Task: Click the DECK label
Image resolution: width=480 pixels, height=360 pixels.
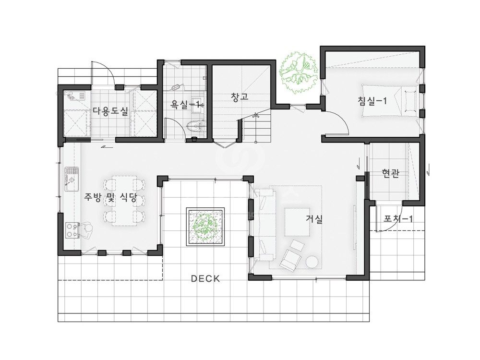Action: tap(205, 278)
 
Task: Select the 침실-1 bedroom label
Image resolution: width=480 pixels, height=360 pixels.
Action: tap(372, 101)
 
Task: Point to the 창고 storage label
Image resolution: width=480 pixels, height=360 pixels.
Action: tap(240, 96)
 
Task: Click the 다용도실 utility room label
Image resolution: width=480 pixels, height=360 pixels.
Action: tap(110, 111)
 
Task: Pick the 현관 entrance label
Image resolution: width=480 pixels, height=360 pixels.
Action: tap(390, 174)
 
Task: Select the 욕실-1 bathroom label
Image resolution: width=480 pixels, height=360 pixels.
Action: tap(185, 104)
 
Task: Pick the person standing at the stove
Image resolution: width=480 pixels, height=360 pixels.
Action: tap(86, 230)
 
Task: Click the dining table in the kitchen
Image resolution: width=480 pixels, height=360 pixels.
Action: tap(124, 201)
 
